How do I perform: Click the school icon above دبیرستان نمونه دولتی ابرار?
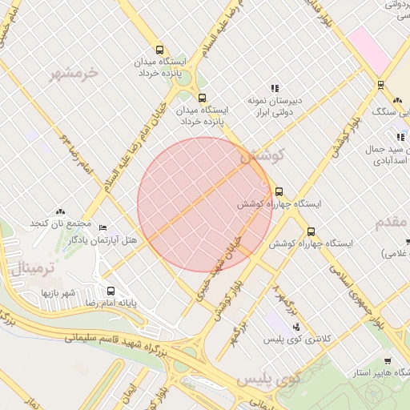(275, 88)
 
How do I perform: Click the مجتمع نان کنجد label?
(61, 222)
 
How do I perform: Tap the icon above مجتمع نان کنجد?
(61, 210)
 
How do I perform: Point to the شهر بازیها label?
(58, 292)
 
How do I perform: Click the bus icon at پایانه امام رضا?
(110, 291)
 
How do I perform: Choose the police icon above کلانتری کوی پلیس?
(297, 326)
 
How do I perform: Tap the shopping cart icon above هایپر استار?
(388, 361)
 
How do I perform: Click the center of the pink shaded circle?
(204, 204)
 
